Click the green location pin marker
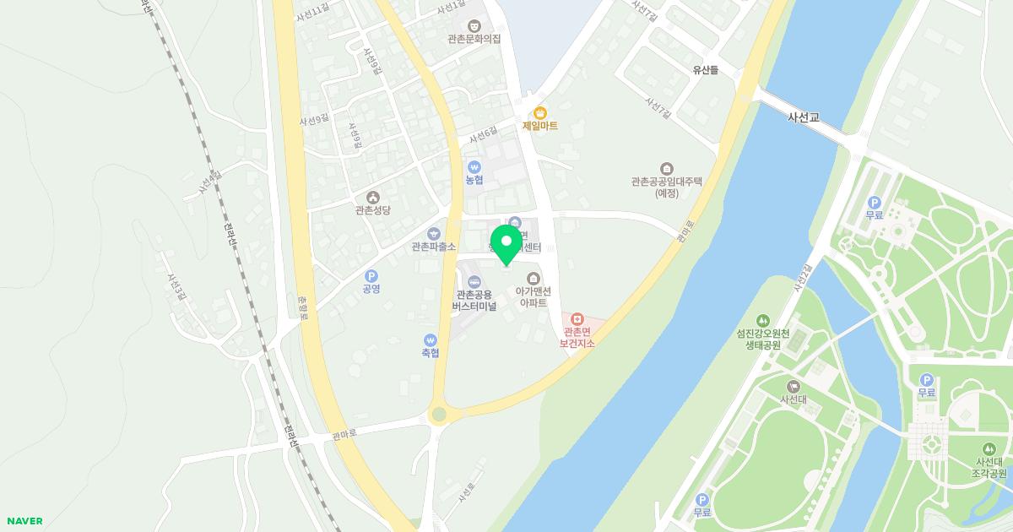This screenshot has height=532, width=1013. tap(506, 243)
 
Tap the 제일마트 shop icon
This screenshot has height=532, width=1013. tap(540, 112)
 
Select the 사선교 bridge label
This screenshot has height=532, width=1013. tap(803, 117)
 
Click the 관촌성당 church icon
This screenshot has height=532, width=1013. tap(373, 197)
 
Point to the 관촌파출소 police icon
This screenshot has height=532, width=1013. tap(434, 233)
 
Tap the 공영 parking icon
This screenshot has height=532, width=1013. tap(371, 276)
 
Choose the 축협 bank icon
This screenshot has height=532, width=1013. tap(431, 339)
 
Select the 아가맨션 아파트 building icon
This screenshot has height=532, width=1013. tap(534, 278)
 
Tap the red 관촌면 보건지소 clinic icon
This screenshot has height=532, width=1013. tap(577, 320)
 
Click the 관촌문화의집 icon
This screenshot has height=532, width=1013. tap(474, 26)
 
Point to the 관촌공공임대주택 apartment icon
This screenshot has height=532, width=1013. tap(667, 168)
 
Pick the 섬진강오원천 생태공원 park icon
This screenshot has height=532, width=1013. tap(763, 321)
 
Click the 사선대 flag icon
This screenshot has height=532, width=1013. tap(793, 386)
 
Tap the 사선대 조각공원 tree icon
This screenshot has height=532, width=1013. tap(989, 449)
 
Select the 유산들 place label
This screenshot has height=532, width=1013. tap(705, 70)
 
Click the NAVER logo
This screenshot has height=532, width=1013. tap(24, 521)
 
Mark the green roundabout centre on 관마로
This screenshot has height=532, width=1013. tap(438, 414)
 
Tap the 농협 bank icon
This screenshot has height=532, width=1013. tap(474, 166)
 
